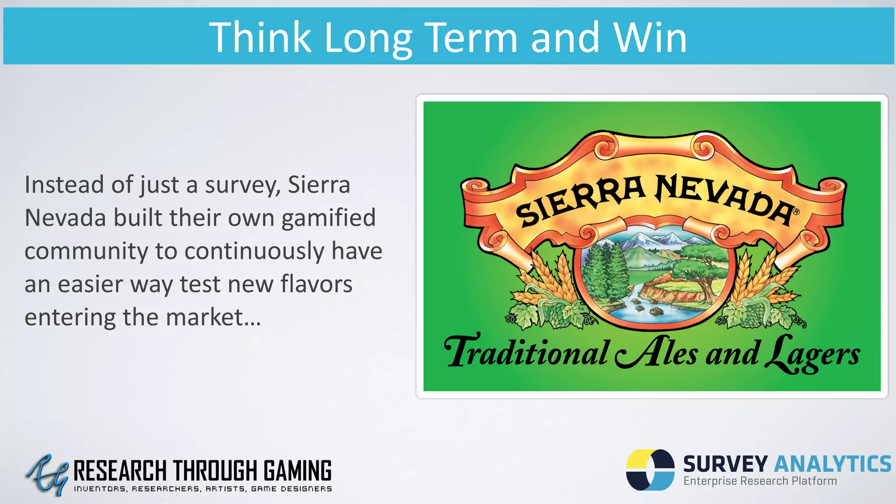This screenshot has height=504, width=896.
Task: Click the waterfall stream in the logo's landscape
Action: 634,297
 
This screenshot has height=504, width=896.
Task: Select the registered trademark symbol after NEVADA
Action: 796,212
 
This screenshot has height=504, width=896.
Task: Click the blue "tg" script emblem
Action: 47,475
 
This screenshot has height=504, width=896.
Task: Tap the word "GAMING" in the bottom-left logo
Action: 297,471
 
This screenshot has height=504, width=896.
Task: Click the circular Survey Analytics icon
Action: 650,470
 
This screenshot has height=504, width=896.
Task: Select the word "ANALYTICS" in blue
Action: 833,464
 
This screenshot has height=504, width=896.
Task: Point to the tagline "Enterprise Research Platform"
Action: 760,481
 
